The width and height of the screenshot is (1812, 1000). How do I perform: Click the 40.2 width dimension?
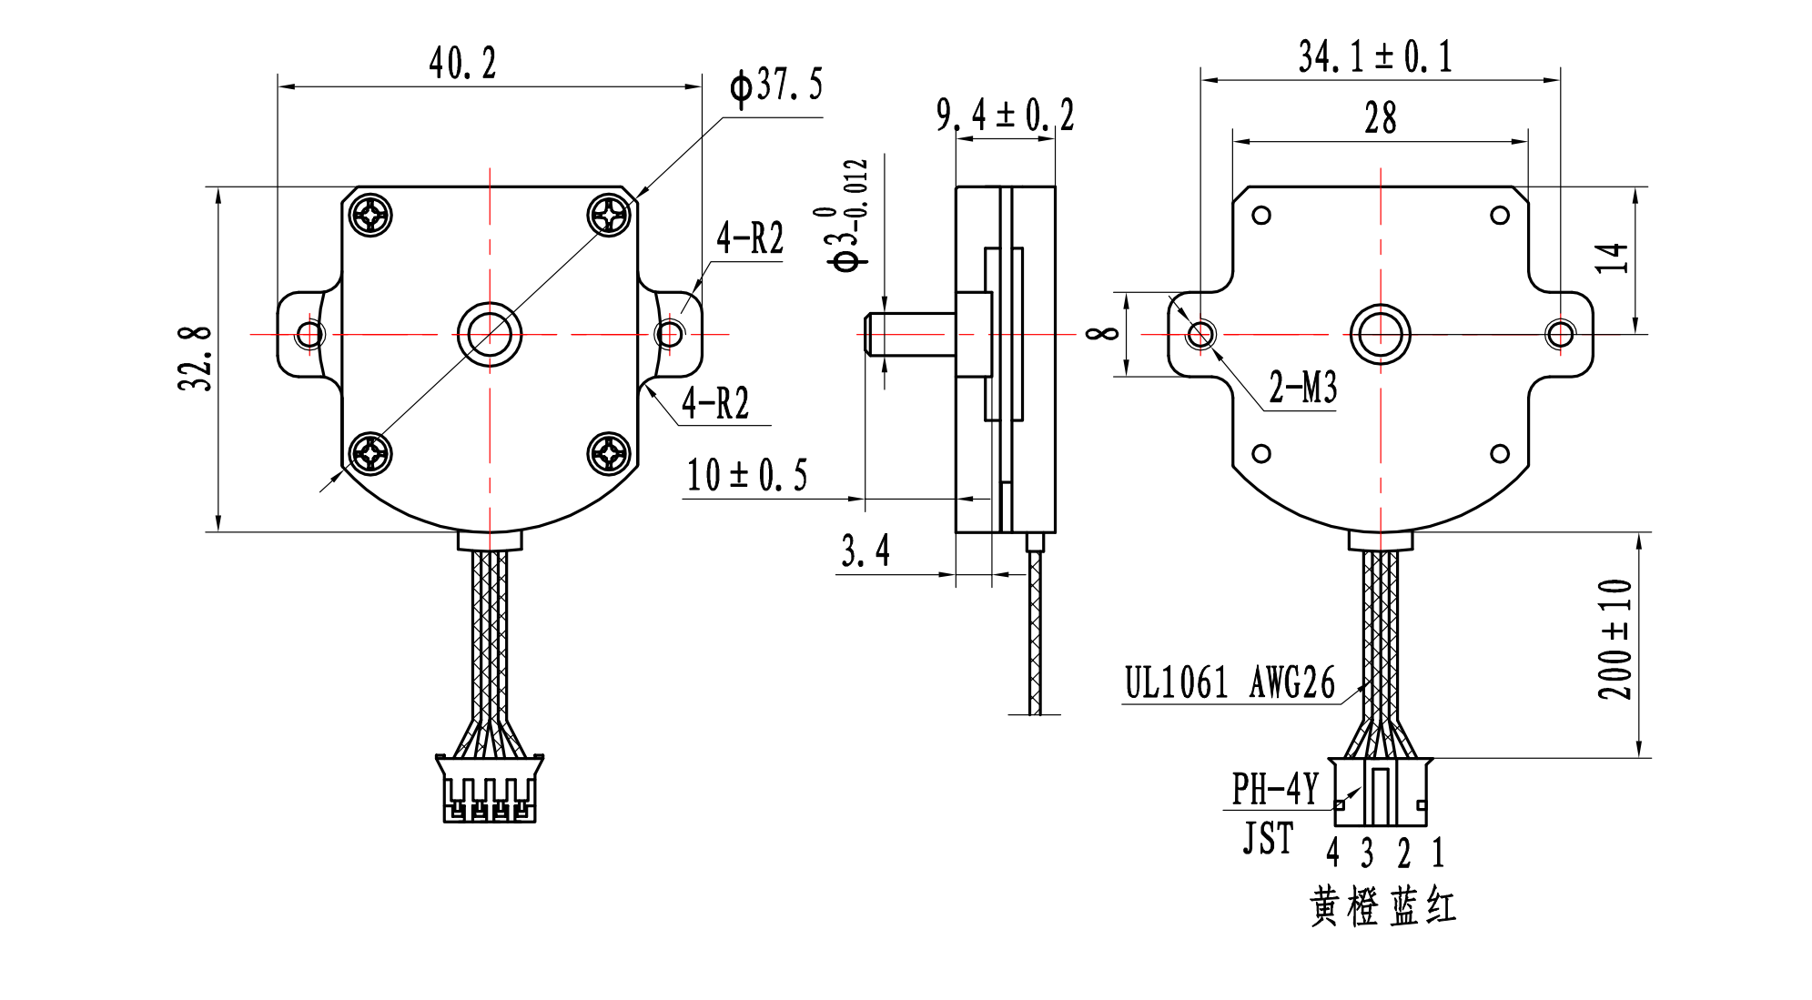pyautogui.click(x=462, y=65)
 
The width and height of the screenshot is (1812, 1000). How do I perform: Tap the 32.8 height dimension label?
pyautogui.click(x=195, y=359)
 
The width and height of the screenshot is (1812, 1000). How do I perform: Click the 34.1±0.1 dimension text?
pyautogui.click(x=1374, y=57)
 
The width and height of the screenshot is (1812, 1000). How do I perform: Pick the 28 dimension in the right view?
pyautogui.click(x=1380, y=119)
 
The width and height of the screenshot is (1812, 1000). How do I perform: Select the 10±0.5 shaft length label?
pyautogui.click(x=746, y=476)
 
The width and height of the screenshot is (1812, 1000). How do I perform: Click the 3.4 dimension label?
pyautogui.click(x=865, y=551)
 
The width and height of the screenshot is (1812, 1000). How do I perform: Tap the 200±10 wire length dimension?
pyautogui.click(x=1615, y=639)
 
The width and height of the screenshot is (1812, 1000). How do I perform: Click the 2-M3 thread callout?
pyautogui.click(x=1302, y=389)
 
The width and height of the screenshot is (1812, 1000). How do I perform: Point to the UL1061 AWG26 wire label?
pyautogui.click(x=1230, y=683)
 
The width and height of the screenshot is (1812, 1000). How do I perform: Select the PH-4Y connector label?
pyautogui.click(x=1274, y=789)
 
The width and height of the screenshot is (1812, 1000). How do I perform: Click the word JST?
pyautogui.click(x=1268, y=838)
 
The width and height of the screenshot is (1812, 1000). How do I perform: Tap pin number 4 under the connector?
pyautogui.click(x=1332, y=853)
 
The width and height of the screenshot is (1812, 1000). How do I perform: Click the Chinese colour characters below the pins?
pyautogui.click(x=1382, y=906)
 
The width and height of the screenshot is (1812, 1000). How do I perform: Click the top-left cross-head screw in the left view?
pyautogui.click(x=370, y=216)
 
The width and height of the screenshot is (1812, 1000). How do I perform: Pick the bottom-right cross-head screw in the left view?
pyautogui.click(x=609, y=452)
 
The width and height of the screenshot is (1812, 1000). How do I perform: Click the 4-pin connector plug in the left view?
pyautogui.click(x=490, y=789)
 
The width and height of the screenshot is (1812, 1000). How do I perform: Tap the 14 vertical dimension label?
pyautogui.click(x=1611, y=258)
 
